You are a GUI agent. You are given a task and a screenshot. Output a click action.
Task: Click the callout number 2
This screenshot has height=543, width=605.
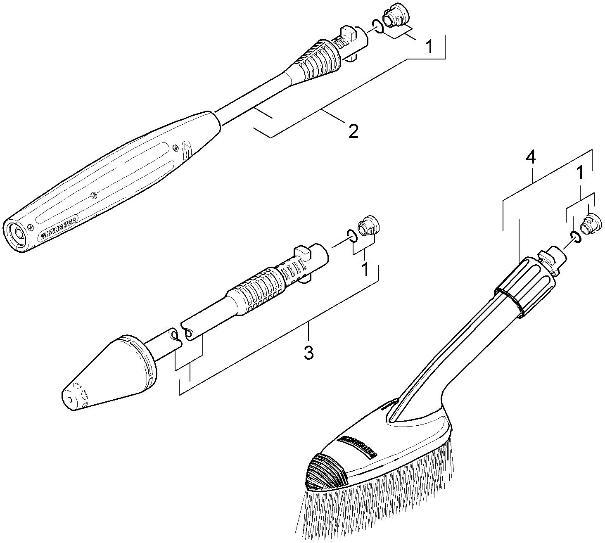[353, 131]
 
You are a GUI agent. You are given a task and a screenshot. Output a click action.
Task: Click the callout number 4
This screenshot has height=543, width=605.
[531, 157]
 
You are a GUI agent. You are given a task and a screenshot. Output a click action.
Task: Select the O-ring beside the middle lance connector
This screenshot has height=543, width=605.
[351, 236]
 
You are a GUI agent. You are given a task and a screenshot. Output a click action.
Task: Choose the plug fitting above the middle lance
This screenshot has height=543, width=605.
[369, 225]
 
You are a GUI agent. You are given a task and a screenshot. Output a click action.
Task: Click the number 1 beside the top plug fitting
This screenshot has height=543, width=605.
[429, 47]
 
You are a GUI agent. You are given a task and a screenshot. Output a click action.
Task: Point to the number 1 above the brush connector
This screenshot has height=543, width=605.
[580, 173]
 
